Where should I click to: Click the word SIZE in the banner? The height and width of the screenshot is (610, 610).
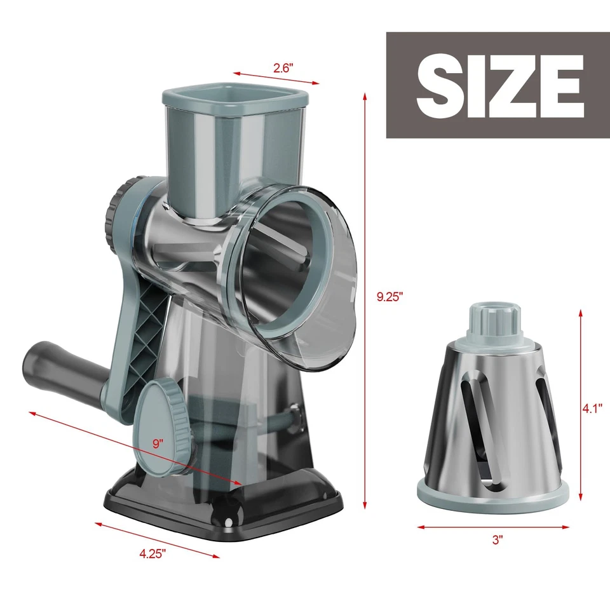[x=499, y=85]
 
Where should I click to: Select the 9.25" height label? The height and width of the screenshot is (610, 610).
[x=388, y=297]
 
